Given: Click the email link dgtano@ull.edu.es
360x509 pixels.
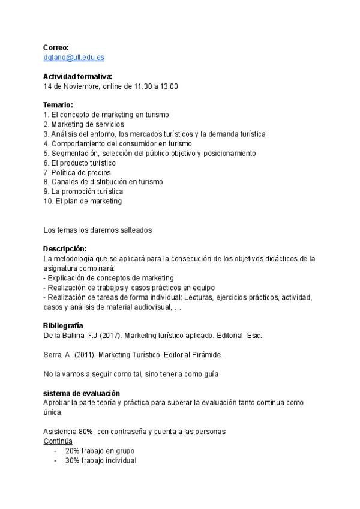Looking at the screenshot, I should click(x=74, y=57).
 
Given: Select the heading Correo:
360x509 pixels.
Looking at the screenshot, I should click(x=56, y=47).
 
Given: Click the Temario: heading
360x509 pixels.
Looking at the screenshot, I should click(x=58, y=105).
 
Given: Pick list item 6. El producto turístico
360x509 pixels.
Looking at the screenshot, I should click(x=80, y=163).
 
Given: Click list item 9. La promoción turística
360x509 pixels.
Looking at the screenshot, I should click(x=83, y=191).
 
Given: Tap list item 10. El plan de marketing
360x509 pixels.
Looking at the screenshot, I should click(x=83, y=201).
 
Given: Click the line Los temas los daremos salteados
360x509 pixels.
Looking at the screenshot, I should click(x=98, y=229).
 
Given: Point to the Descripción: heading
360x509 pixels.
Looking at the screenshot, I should click(x=65, y=248).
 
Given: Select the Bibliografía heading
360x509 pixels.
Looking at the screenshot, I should click(x=63, y=325).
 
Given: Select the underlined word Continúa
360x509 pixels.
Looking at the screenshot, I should click(x=58, y=441).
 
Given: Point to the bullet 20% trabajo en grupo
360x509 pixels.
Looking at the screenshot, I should click(x=100, y=451).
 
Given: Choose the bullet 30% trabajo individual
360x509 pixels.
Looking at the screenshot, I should click(x=101, y=460).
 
